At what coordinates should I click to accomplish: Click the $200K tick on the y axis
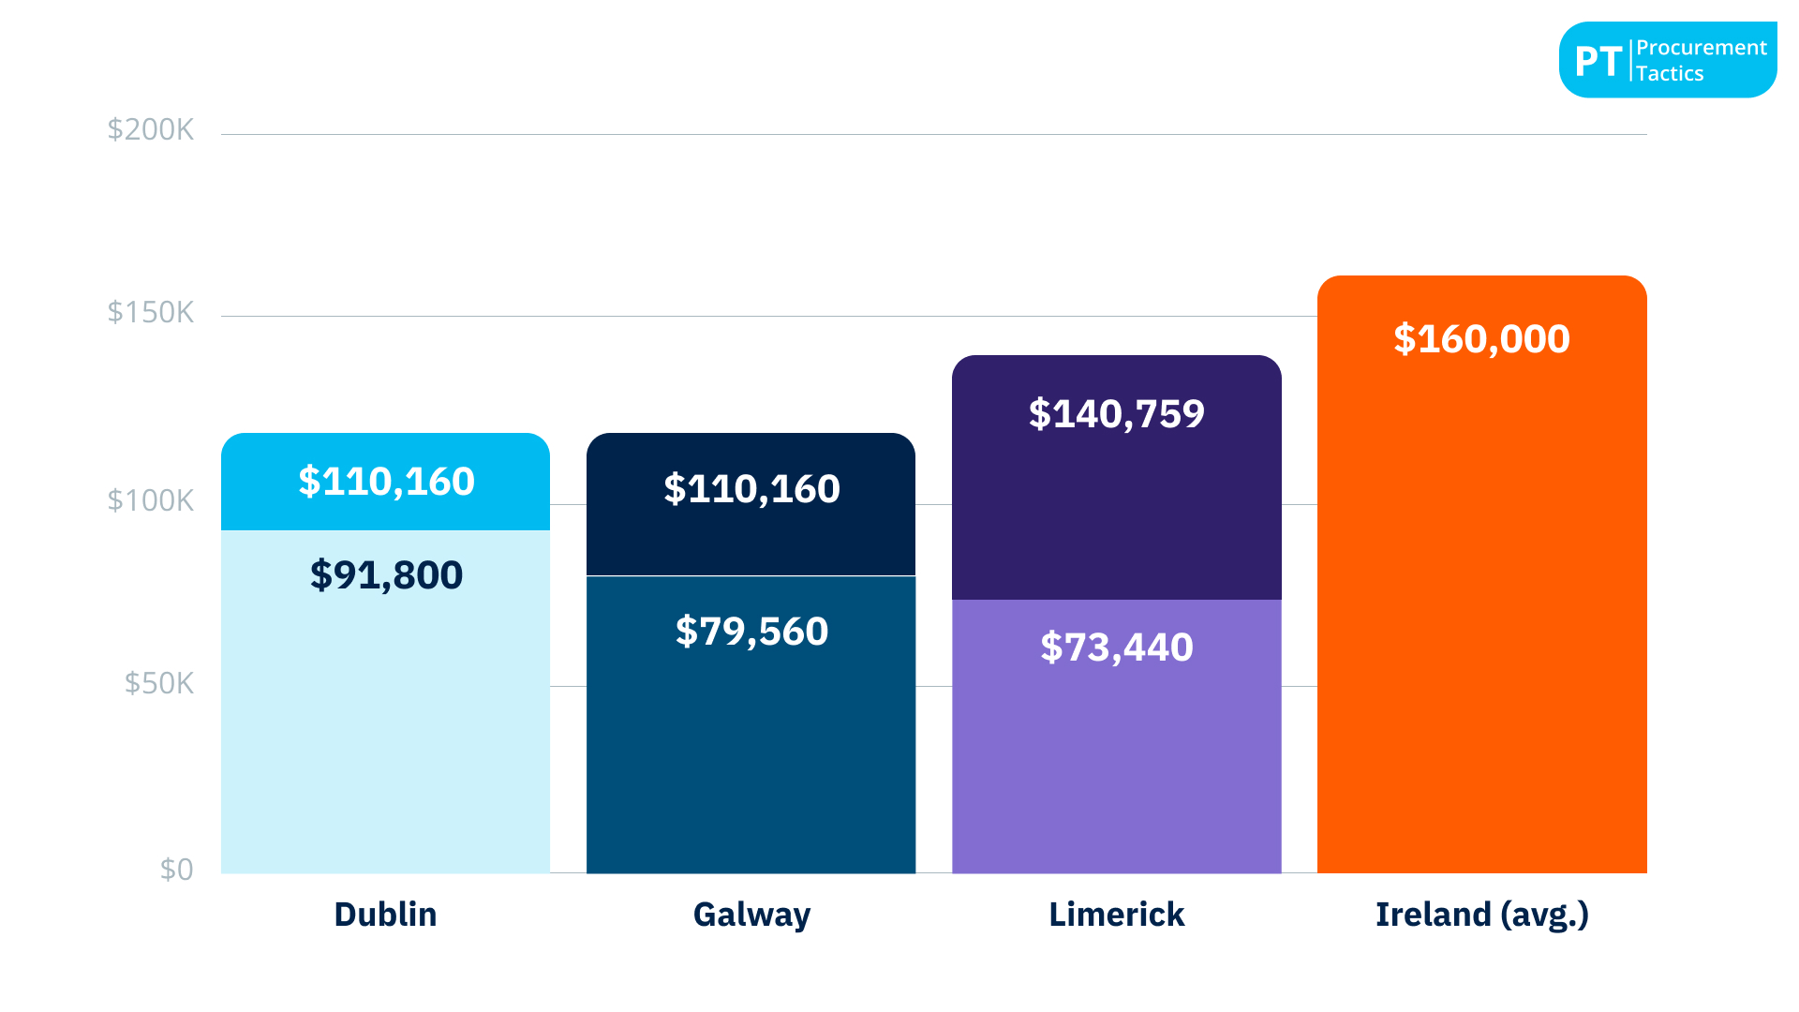coord(150,129)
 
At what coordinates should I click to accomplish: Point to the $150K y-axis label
coord(150,312)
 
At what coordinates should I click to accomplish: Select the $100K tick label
coord(150,501)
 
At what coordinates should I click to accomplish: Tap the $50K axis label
coord(158,684)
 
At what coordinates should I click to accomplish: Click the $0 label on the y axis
coord(176,870)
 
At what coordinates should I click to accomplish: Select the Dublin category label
coord(385,915)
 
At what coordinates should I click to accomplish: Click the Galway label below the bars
coord(751,915)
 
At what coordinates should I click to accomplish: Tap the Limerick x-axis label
coord(1116,915)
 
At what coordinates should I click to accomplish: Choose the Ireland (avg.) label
coord(1481,915)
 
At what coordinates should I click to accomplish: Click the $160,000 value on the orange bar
coord(1481,339)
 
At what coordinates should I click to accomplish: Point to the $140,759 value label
coord(1116,414)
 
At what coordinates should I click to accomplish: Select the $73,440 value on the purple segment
coord(1116,647)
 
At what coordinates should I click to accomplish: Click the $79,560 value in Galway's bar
coord(751,632)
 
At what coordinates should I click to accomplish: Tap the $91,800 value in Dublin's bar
coord(386,575)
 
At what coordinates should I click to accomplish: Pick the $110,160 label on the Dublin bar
coord(386,482)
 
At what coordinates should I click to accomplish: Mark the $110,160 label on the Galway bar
coord(751,489)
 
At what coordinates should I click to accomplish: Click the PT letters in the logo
coord(1598,62)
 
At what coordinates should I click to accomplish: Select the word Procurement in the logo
coord(1701,48)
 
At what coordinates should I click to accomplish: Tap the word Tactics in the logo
coord(1670,74)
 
